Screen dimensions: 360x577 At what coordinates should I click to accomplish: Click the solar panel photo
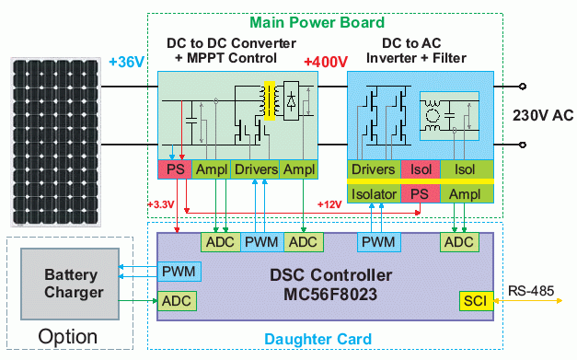point(55,142)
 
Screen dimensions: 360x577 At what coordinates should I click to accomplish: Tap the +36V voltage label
point(126,63)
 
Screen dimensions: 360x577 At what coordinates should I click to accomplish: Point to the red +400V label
point(326,63)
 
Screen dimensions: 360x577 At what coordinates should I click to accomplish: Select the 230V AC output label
point(543,115)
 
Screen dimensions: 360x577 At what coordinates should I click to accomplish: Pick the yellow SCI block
point(474,301)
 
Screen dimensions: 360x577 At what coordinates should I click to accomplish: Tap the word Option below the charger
point(67,337)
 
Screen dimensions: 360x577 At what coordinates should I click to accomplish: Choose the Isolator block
point(374,192)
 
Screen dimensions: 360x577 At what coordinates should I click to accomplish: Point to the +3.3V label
point(162,203)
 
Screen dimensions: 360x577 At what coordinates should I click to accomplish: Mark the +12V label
point(329,203)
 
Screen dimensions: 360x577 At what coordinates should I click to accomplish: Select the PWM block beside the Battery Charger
point(177,272)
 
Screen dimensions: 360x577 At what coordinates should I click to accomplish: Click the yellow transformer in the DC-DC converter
point(271,101)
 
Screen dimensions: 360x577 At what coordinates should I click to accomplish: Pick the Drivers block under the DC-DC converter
point(255,169)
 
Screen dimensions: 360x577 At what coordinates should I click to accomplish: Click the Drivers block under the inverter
point(374,169)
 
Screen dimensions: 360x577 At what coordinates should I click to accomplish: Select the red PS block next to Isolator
point(420,192)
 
